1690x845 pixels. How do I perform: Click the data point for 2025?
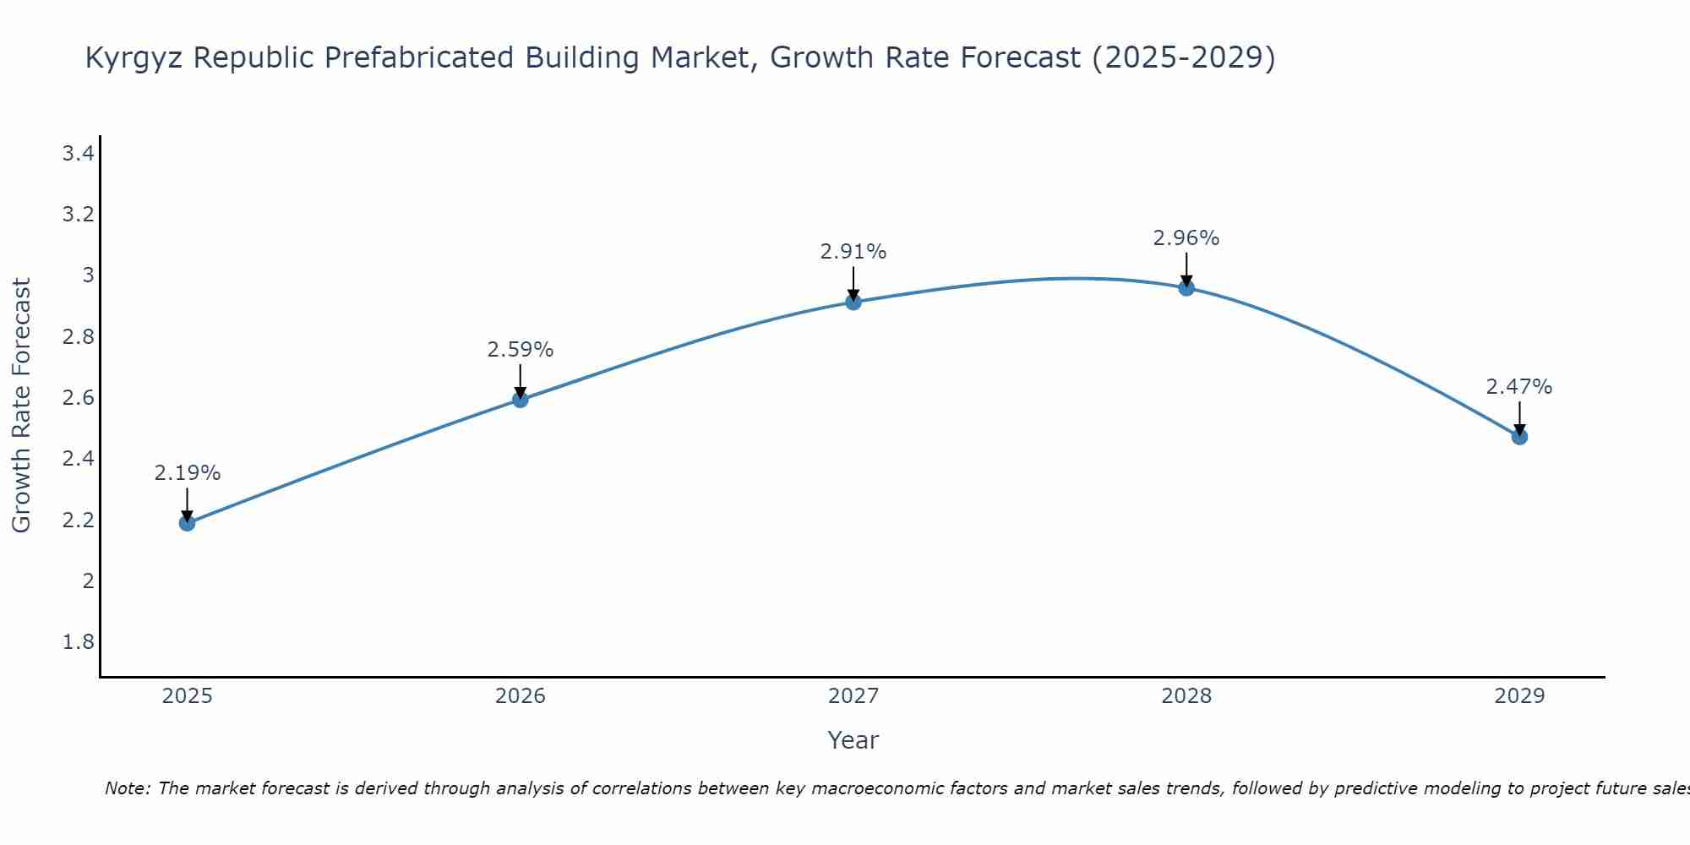[188, 523]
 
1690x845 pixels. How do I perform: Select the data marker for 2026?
[521, 400]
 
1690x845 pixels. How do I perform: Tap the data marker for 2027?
[853, 302]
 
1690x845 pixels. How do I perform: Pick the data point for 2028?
[1186, 287]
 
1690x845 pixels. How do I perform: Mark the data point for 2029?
[1519, 437]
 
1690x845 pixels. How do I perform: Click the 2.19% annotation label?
[188, 473]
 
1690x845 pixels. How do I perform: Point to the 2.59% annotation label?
[521, 350]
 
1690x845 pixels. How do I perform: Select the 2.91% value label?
[853, 252]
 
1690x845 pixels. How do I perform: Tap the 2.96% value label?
[1186, 238]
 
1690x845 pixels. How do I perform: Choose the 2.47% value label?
[1519, 387]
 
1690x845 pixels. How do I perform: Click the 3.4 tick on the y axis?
[79, 154]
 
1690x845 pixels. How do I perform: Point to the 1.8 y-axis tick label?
[79, 642]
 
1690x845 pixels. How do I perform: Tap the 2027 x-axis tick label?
[853, 696]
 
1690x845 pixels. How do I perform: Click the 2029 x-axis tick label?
[1519, 696]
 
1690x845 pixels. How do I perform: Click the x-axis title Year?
[853, 740]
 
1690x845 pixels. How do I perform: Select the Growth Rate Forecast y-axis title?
[22, 406]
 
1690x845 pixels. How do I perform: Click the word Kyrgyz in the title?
[134, 58]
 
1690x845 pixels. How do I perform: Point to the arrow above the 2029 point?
[1519, 417]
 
